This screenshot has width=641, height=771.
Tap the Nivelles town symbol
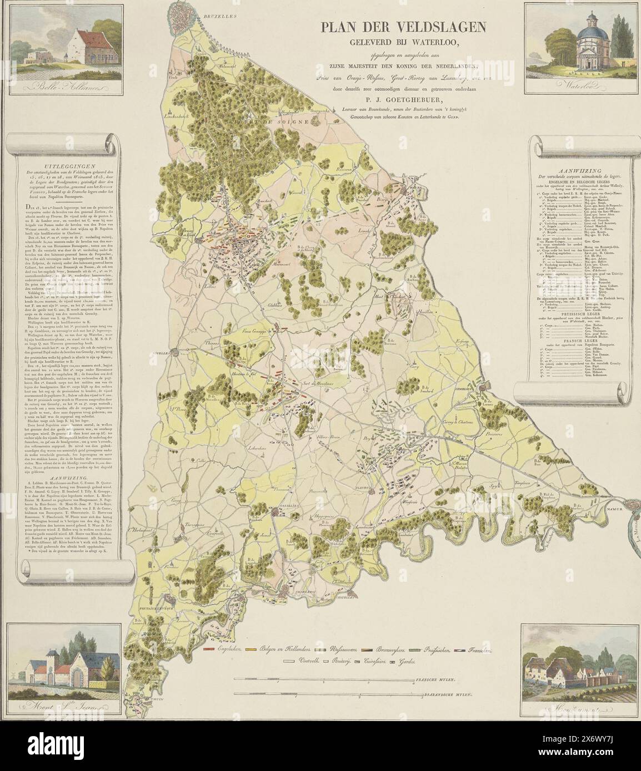[x=176, y=351]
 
